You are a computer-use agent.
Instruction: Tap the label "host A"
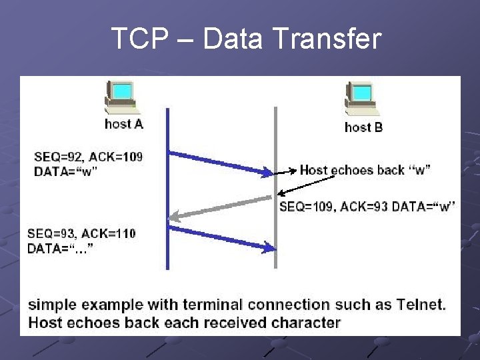pyautogui.click(x=124, y=124)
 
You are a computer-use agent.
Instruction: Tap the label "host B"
pyautogui.click(x=363, y=127)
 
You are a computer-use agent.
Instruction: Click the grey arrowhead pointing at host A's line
pyautogui.click(x=175, y=216)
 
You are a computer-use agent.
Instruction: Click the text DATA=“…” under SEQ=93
pyautogui.click(x=60, y=249)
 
